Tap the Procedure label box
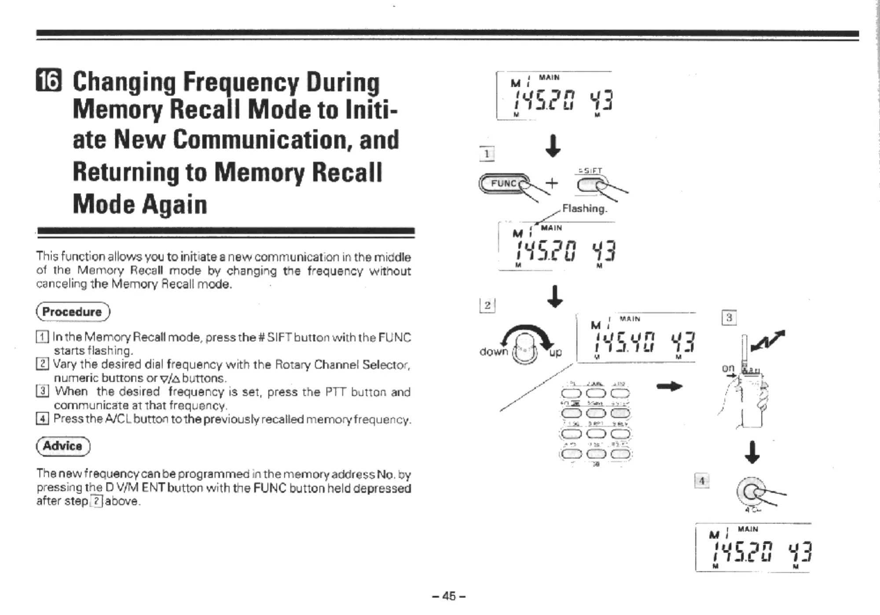[73, 312]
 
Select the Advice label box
[63, 446]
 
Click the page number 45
[449, 596]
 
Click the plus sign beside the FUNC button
[552, 183]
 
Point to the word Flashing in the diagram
[584, 209]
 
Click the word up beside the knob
[555, 352]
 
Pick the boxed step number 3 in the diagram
[729, 318]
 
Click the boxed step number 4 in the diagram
[702, 481]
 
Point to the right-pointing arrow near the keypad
[669, 387]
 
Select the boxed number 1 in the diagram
[487, 154]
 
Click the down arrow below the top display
[553, 146]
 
